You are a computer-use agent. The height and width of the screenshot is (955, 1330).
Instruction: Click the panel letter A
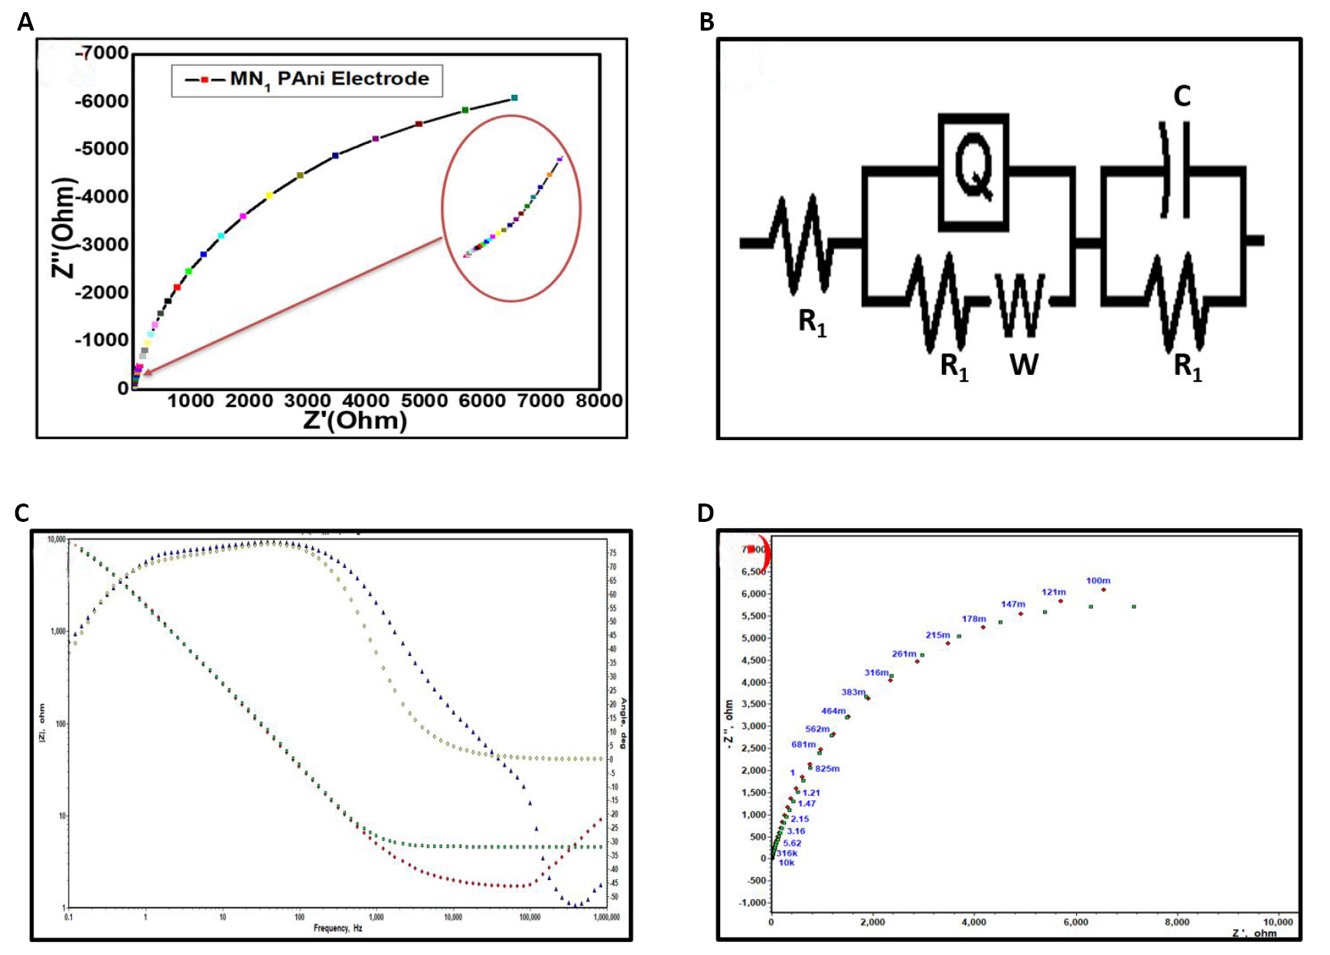(25, 23)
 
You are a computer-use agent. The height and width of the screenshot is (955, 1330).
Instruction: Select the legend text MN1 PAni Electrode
(329, 80)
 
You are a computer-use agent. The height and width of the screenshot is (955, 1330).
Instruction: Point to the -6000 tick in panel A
(101, 101)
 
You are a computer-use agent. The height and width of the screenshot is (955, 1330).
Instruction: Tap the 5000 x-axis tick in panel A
(424, 400)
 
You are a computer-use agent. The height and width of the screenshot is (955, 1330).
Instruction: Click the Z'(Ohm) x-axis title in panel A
(355, 420)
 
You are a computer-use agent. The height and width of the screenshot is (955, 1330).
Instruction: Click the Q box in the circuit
(973, 171)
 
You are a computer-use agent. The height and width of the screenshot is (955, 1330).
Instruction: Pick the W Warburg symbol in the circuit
(1020, 305)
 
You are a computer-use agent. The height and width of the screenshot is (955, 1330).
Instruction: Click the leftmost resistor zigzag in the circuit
(800, 244)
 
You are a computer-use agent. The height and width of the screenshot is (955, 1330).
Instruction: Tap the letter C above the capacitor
(1182, 96)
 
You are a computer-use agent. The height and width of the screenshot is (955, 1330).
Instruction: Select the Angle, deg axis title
(624, 722)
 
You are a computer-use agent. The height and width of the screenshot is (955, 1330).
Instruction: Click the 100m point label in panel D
(1098, 581)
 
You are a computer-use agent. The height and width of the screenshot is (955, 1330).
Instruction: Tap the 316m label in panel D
(876, 673)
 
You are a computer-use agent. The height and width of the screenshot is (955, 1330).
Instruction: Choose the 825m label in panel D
(827, 768)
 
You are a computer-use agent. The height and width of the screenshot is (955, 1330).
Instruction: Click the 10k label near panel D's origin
(787, 862)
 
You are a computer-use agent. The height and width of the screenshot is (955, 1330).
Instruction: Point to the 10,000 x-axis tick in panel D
(1277, 922)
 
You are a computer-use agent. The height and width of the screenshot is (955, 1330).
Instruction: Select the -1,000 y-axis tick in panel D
(753, 902)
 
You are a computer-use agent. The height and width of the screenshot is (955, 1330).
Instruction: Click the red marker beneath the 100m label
(1103, 589)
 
